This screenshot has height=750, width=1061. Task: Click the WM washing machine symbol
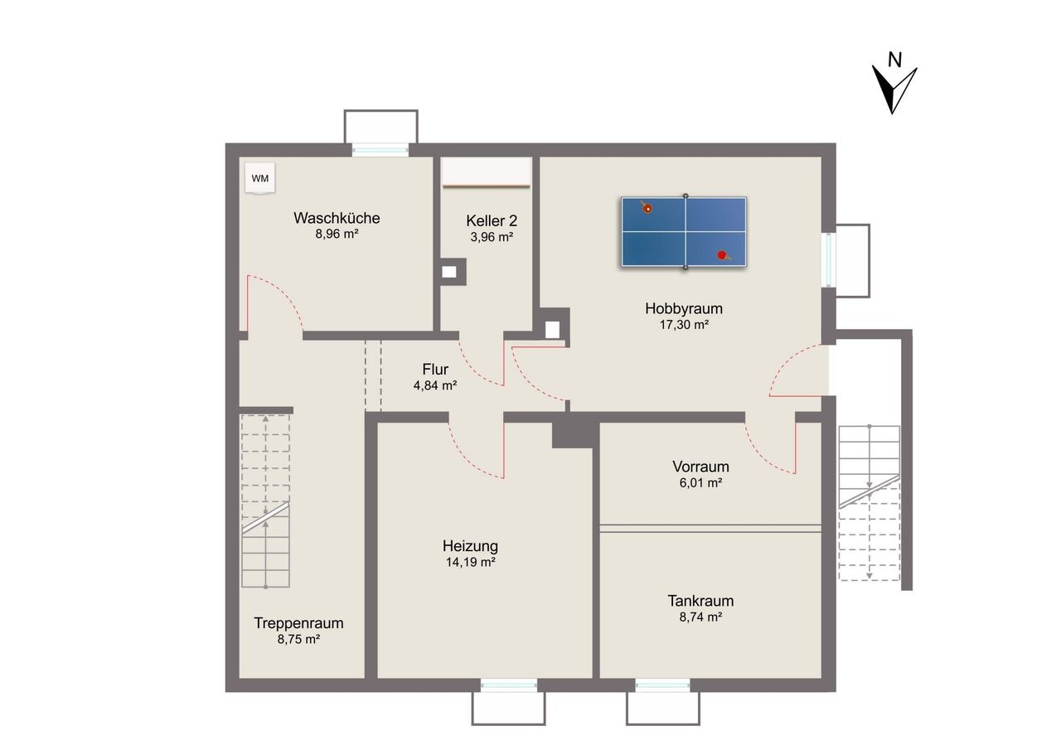click(x=260, y=178)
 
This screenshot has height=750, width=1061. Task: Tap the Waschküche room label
click(x=337, y=218)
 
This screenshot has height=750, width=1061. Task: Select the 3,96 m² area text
click(x=492, y=237)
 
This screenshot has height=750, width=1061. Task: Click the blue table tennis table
click(x=684, y=231)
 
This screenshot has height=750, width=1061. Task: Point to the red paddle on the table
click(x=723, y=255)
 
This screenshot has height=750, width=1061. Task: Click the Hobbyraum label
click(x=684, y=308)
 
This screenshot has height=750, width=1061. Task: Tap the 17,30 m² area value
click(x=684, y=325)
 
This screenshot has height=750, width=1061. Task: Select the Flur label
click(x=435, y=369)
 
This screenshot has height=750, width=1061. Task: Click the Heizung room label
click(x=470, y=546)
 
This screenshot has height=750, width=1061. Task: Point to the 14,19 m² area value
click(x=470, y=563)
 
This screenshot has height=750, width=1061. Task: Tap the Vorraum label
click(x=700, y=467)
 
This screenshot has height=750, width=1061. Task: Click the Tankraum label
click(x=700, y=601)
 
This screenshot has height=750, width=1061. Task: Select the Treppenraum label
click(x=298, y=623)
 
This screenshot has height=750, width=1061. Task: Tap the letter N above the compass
click(x=894, y=60)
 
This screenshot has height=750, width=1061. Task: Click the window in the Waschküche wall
click(x=380, y=150)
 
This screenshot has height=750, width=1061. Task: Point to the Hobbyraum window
click(x=828, y=259)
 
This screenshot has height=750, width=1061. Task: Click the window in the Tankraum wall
click(x=662, y=685)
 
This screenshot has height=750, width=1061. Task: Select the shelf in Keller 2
click(x=486, y=172)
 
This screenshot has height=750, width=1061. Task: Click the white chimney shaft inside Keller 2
click(x=449, y=272)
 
